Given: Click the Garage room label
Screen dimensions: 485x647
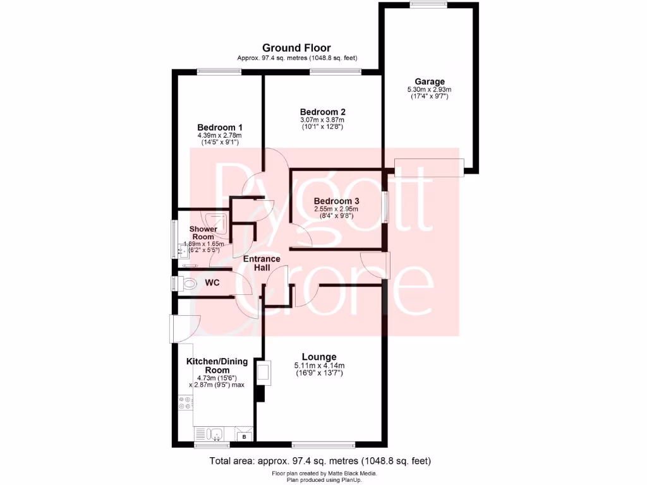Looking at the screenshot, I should point(429,81).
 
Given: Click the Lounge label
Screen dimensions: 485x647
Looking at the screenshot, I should point(318,357).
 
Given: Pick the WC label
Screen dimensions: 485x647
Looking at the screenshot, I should point(212,283).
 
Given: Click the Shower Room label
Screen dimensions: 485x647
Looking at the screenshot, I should point(203,233).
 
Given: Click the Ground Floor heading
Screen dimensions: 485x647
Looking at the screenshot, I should point(296,48).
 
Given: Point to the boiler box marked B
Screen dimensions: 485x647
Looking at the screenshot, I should point(244,436).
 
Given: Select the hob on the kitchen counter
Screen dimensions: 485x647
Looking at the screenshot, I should point(185,402).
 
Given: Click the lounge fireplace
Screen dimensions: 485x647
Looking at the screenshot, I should point(263,373).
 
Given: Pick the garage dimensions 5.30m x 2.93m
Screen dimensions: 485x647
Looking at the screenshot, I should point(429,90).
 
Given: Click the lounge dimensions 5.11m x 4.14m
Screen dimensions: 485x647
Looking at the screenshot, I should point(319,366).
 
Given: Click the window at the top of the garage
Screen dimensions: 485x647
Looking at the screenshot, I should point(428,5).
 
